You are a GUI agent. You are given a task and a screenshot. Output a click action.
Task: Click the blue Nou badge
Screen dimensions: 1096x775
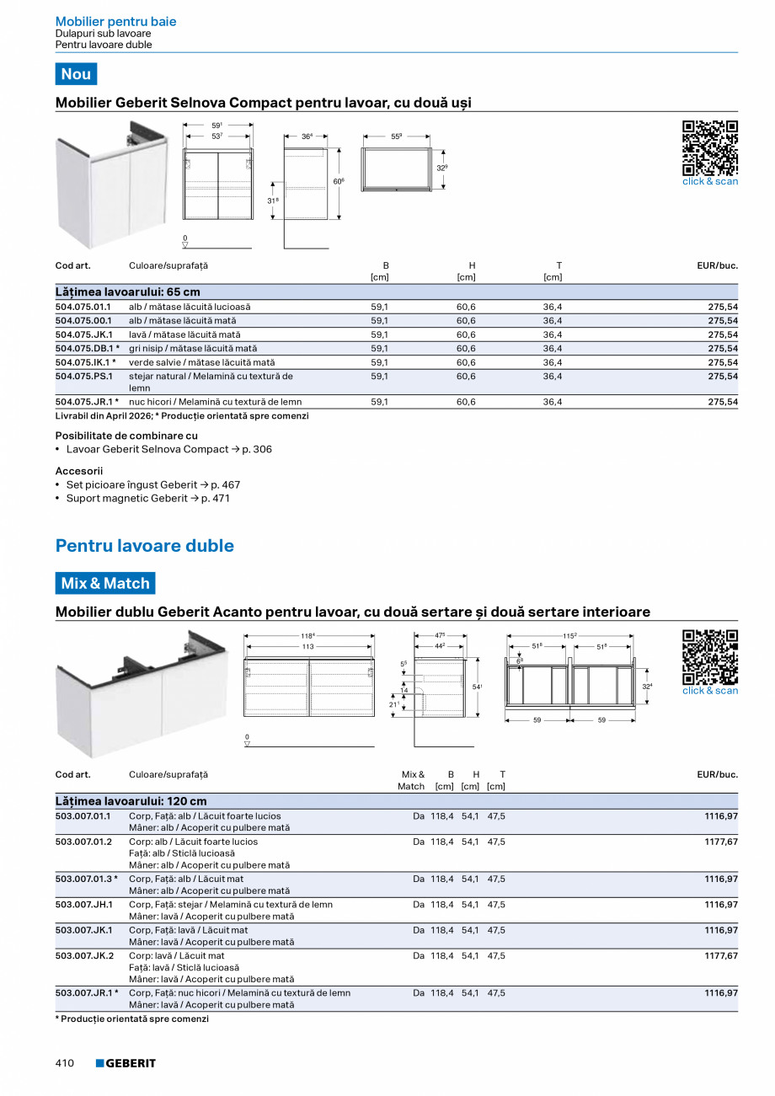tap(76, 74)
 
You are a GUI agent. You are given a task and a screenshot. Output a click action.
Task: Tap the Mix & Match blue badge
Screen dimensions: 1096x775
tap(105, 583)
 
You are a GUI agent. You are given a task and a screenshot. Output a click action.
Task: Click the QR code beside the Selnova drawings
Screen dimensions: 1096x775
tap(709, 147)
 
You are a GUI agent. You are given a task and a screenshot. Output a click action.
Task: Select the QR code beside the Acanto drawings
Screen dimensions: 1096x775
tap(709, 657)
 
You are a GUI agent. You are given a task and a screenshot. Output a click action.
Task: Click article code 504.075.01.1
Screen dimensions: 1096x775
tap(83, 307)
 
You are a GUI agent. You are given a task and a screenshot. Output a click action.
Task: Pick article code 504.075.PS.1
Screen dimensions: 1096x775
tap(83, 376)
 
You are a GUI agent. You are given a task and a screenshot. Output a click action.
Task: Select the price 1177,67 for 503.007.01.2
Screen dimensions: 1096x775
tap(721, 842)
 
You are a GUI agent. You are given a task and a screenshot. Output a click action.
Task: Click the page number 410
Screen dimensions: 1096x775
tap(65, 1063)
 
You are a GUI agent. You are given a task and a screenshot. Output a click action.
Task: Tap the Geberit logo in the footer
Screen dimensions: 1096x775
tap(126, 1063)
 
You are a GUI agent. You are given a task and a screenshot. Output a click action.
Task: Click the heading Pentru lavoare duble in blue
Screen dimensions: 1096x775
tap(144, 546)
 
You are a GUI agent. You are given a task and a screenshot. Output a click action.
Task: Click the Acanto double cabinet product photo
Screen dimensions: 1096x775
tap(141, 694)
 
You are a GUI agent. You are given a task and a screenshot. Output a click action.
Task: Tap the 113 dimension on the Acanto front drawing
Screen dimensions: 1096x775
tap(308, 647)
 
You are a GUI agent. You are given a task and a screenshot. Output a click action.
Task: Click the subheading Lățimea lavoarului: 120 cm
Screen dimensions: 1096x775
tap(131, 801)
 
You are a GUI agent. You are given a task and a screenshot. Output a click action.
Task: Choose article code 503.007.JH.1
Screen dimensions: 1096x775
tap(83, 904)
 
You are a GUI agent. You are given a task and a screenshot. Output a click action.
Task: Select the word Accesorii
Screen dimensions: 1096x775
tap(78, 471)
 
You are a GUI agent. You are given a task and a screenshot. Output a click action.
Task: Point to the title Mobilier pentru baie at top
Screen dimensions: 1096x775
tap(115, 22)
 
